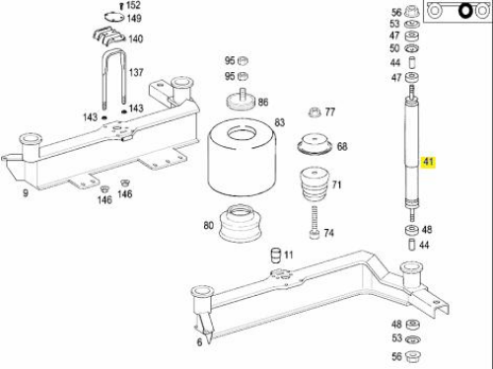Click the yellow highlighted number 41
pos(428,162)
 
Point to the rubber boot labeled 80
pos(240,224)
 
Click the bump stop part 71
pos(315,184)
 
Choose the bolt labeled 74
pos(314,223)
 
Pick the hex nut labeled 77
pos(315,112)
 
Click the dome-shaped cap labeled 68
pos(315,144)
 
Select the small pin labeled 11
pos(276,256)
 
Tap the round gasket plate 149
pos(114,17)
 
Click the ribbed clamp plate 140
pos(108,37)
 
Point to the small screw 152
pos(121,6)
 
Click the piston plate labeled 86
pos(241,100)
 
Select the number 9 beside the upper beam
pos(26,193)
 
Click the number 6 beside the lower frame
pos(199,342)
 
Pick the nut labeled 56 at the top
pos(412,12)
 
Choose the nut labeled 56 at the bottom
pos(413,356)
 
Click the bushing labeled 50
pos(411,48)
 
